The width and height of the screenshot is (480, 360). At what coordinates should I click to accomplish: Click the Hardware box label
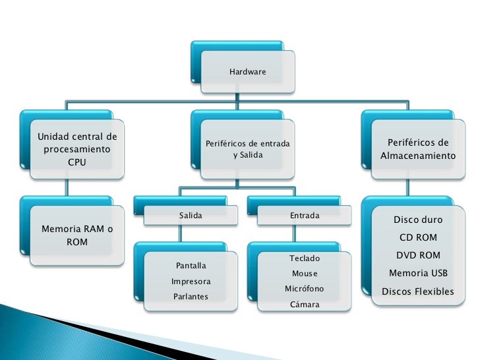click(248, 71)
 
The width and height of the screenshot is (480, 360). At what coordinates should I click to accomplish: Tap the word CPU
click(76, 162)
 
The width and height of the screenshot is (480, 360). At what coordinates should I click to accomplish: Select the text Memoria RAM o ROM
click(76, 236)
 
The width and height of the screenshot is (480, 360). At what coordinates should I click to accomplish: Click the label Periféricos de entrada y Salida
click(247, 149)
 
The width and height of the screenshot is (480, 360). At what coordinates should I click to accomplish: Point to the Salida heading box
click(191, 216)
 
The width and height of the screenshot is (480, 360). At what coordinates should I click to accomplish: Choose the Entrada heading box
click(304, 216)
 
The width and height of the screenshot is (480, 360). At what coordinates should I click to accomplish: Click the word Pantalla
click(191, 266)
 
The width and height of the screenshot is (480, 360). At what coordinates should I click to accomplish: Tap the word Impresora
click(191, 282)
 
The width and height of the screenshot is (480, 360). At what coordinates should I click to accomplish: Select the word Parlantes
click(191, 297)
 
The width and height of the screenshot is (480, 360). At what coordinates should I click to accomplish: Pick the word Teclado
click(304, 258)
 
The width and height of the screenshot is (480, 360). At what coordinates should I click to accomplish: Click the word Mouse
click(304, 274)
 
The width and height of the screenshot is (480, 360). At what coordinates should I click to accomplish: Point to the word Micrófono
click(304, 289)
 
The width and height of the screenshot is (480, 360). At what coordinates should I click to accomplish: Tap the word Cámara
click(304, 305)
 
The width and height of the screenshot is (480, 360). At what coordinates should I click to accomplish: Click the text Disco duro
click(418, 220)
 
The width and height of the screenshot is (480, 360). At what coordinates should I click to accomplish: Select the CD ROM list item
click(418, 237)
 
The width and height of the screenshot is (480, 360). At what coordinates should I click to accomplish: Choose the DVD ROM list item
click(418, 255)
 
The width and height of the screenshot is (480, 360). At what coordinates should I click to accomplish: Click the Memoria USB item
click(418, 273)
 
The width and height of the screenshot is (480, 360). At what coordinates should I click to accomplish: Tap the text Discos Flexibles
click(418, 291)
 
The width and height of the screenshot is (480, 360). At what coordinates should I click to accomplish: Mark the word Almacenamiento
click(418, 157)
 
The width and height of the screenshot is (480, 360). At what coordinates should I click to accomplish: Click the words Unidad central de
click(76, 137)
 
